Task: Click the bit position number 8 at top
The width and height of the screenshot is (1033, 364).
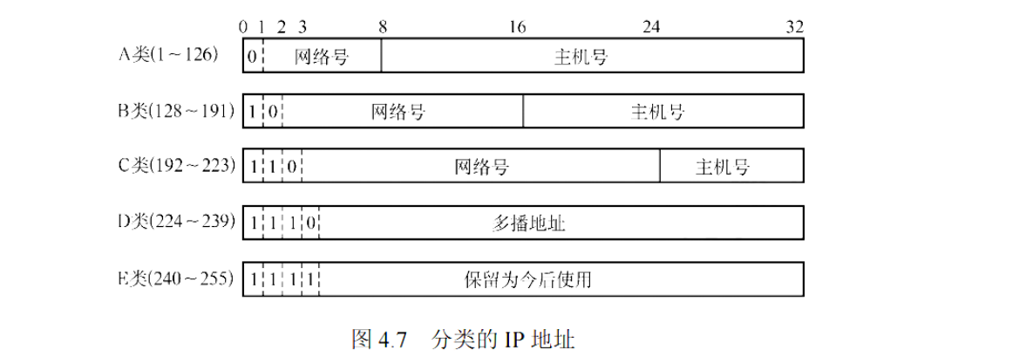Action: [x=382, y=27]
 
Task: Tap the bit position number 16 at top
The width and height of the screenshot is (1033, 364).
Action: [x=517, y=27]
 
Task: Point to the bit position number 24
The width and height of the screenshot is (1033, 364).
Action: [x=651, y=27]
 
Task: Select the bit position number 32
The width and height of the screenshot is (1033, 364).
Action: [x=793, y=27]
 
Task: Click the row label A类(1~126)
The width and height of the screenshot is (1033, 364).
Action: [x=168, y=56]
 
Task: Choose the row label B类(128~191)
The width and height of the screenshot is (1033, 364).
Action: [x=176, y=111]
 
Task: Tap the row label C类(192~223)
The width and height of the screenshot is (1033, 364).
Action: [x=176, y=166]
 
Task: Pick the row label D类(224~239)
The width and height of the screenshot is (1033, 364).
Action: [x=176, y=223]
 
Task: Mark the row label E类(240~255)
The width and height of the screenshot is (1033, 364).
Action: [x=176, y=278]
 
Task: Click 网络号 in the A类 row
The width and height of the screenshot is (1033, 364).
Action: [x=322, y=58]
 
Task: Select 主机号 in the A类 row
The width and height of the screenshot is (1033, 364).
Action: [x=581, y=58]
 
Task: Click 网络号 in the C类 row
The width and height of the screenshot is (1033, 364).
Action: [x=481, y=168]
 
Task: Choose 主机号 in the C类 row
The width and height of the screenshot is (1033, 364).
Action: [x=723, y=168]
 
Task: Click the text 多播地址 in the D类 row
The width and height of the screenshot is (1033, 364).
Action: [x=528, y=223]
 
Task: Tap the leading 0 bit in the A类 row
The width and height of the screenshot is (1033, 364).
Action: [x=252, y=58]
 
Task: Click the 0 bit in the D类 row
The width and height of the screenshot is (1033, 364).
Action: [x=311, y=223]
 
